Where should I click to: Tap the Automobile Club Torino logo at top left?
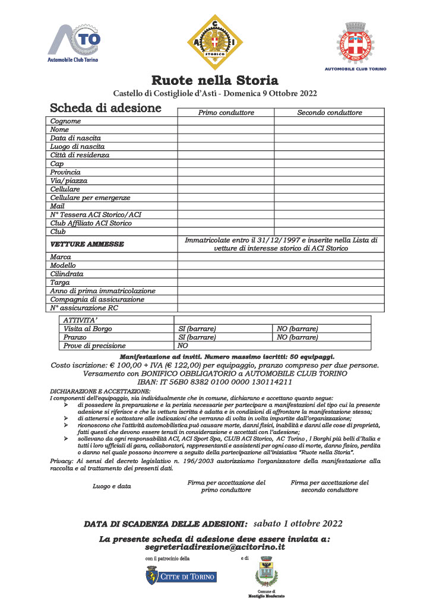[74, 43]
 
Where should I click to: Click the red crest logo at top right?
[355, 43]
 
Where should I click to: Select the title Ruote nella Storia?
[214, 80]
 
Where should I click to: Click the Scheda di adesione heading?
[106, 108]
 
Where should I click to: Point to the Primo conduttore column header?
[226, 113]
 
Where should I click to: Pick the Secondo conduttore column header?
[329, 113]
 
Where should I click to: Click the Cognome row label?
[65, 121]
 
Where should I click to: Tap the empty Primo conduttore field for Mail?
[226, 207]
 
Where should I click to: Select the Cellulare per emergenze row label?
[90, 198]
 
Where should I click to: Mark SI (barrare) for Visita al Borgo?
[197, 329]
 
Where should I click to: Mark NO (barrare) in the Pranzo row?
[297, 337]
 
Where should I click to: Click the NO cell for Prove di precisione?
[183, 346]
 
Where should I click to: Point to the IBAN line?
[214, 382]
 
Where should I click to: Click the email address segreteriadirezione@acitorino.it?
[214, 547]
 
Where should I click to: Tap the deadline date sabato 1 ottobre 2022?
[298, 524]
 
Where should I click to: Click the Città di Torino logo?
[181, 576]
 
